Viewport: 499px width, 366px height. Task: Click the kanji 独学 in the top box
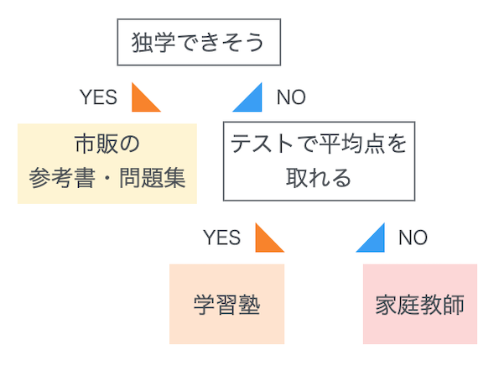[x=153, y=42]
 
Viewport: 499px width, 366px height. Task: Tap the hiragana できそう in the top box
[x=220, y=42]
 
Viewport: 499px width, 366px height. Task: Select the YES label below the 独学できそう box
[x=98, y=97]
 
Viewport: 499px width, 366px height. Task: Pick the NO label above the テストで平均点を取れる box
[x=291, y=97]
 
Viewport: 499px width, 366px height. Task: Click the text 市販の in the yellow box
[x=107, y=144]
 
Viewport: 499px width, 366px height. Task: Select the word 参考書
[x=62, y=178]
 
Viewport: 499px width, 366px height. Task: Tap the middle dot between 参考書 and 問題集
[x=107, y=178]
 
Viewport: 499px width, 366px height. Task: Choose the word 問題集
[x=153, y=178]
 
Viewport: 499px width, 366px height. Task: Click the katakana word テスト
[x=262, y=144]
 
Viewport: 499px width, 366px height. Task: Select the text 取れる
[x=319, y=177]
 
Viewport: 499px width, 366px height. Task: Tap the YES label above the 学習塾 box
[x=221, y=238]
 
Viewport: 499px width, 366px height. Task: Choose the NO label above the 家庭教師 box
[x=413, y=238]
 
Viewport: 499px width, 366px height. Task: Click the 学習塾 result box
[x=227, y=304]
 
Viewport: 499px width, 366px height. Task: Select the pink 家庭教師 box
[x=420, y=304]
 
